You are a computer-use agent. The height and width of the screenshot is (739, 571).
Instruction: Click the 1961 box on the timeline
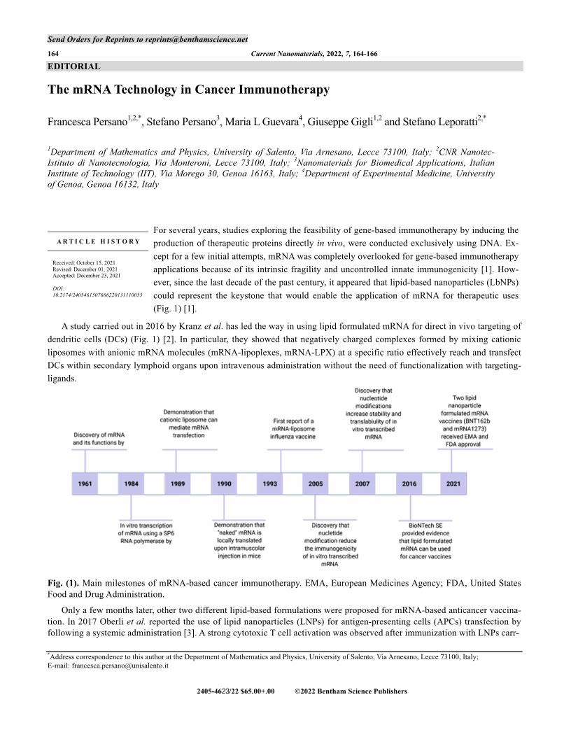coord(85,484)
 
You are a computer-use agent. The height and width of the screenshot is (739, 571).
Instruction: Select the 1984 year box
coord(131,484)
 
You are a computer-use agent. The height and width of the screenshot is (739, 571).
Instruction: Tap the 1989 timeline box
coord(178,484)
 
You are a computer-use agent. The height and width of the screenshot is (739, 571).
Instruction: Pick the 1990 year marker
coord(225,484)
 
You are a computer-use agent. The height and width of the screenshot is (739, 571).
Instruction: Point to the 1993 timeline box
coord(269,484)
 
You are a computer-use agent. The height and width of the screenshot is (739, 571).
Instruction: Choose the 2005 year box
coord(316,484)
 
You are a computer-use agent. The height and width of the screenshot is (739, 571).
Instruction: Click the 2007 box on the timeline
coord(362,484)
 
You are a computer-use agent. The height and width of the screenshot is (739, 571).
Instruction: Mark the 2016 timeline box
coord(409,484)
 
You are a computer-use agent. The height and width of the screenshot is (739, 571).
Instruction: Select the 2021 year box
coord(453,484)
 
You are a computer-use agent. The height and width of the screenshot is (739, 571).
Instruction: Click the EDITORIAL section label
coord(73,66)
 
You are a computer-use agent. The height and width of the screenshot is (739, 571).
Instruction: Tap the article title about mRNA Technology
coord(188,90)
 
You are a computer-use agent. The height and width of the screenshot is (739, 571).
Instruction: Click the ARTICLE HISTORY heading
coord(98,241)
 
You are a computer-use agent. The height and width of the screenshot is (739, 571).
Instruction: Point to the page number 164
coord(53,54)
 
